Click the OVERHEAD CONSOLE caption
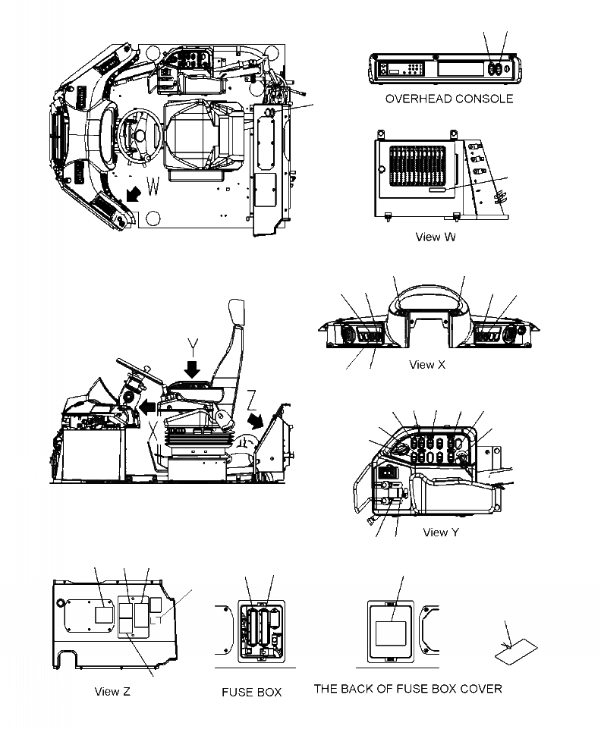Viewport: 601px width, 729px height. click(x=448, y=99)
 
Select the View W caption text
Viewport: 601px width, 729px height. click(x=436, y=237)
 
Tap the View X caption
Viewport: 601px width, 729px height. click(x=427, y=365)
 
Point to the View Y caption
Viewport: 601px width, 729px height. click(x=440, y=533)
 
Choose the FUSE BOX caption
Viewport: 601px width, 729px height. click(x=251, y=692)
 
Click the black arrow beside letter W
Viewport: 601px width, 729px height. click(x=134, y=194)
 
